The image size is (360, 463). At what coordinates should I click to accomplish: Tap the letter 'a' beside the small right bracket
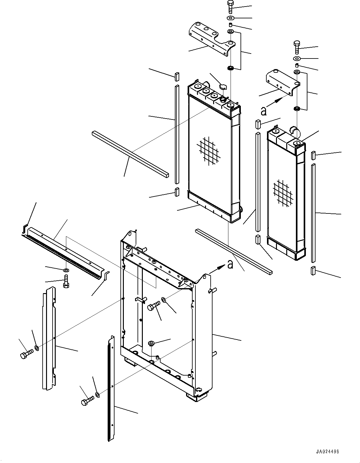[264, 111]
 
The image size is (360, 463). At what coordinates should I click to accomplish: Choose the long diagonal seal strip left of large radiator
[130, 154]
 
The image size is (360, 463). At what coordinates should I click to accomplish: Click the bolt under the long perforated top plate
[66, 282]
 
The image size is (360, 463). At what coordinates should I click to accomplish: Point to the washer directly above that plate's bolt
[66, 270]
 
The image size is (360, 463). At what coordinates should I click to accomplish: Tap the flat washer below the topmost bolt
[231, 17]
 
